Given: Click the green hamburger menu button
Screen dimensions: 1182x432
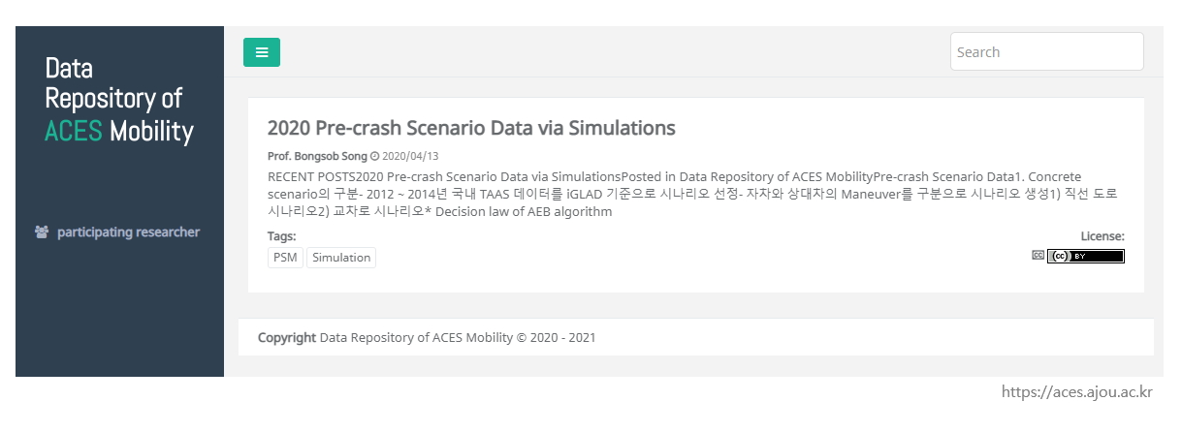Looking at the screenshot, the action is pyautogui.click(x=262, y=52).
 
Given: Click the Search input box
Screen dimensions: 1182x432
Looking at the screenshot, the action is pyautogui.click(x=1047, y=51).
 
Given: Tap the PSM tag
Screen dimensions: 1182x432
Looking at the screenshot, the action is pyautogui.click(x=285, y=258).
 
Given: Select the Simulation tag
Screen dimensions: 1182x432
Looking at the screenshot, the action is pyautogui.click(x=341, y=258).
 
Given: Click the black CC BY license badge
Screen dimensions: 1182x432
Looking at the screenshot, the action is pyautogui.click(x=1086, y=256).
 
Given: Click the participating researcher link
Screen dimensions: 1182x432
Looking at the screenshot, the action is pyautogui.click(x=128, y=231).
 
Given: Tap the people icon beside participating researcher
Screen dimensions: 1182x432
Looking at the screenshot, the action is pyautogui.click(x=42, y=231).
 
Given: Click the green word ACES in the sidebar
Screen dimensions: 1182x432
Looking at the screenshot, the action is pyautogui.click(x=74, y=131).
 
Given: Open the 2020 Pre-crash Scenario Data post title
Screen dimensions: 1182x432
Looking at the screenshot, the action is pyautogui.click(x=471, y=128).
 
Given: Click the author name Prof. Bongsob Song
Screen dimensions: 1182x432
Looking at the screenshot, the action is pyautogui.click(x=317, y=156).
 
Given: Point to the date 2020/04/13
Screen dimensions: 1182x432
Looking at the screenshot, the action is pyautogui.click(x=410, y=156).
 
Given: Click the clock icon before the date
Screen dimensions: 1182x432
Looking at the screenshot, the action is pyautogui.click(x=374, y=156).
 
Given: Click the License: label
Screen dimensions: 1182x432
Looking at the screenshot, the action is pyautogui.click(x=1102, y=236).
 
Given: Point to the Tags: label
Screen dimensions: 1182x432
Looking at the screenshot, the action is pyautogui.click(x=282, y=236).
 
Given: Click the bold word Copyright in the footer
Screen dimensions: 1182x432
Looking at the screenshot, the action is pyautogui.click(x=286, y=338).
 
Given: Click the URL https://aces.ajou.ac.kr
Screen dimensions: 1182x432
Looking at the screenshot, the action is pyautogui.click(x=1077, y=392).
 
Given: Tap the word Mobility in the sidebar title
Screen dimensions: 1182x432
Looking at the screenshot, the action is pyautogui.click(x=152, y=132).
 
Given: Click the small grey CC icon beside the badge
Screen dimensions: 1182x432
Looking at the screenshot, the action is pyautogui.click(x=1038, y=255).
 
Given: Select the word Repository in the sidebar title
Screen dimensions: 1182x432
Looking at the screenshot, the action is pyautogui.click(x=100, y=100).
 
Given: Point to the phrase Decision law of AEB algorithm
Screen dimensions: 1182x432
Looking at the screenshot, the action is pyautogui.click(x=524, y=212).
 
